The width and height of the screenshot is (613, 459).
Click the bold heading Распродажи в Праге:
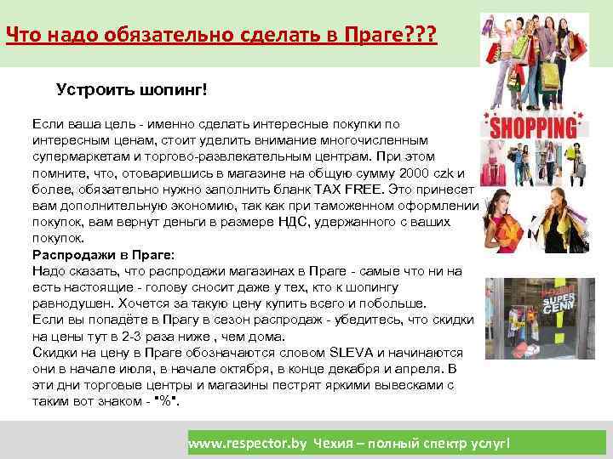click(x=103, y=254)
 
